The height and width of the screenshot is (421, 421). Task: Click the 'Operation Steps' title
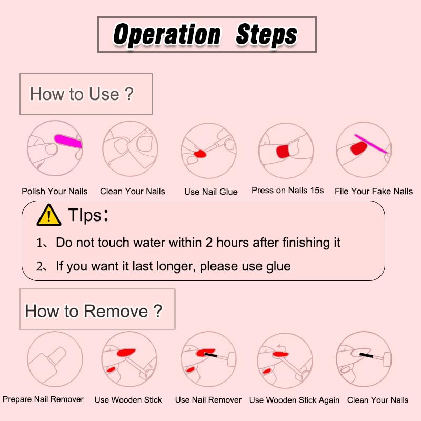click(x=206, y=35)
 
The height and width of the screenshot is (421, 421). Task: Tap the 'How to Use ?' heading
click(x=82, y=94)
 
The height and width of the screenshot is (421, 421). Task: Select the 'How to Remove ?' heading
click(x=93, y=311)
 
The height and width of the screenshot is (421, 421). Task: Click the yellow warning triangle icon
click(x=48, y=215)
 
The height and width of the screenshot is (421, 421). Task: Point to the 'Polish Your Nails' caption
click(x=55, y=191)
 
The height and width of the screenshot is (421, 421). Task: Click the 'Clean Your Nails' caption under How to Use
click(x=133, y=191)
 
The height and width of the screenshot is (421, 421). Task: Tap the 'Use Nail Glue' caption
click(x=210, y=192)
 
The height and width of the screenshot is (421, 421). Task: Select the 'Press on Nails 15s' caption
click(x=287, y=190)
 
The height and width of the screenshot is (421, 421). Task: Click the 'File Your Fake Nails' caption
click(x=374, y=191)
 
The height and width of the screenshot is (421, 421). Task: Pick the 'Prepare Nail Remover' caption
click(x=43, y=399)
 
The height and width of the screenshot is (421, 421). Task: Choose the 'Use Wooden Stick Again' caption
click(x=294, y=400)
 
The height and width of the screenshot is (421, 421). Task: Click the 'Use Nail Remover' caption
click(x=208, y=400)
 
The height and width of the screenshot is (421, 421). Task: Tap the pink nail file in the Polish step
click(x=67, y=141)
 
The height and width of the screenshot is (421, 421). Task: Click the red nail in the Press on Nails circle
click(x=283, y=152)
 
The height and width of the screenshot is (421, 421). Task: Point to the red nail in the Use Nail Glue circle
click(x=201, y=154)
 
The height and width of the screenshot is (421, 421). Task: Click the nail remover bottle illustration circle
click(x=55, y=359)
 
